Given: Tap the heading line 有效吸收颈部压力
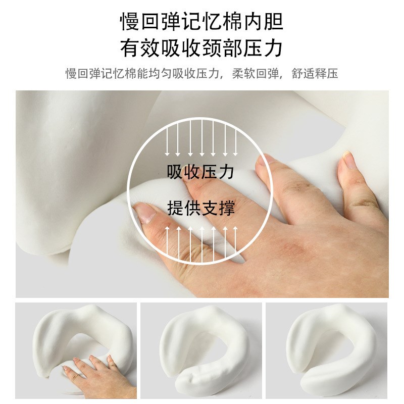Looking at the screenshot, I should pos(201,48).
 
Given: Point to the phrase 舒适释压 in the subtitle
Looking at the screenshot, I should pos(315,74).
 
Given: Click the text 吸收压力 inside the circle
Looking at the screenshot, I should pos(201,172).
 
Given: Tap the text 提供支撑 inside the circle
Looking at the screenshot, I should pos(201,208).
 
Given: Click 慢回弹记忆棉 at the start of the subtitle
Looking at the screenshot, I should pos(96,74).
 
